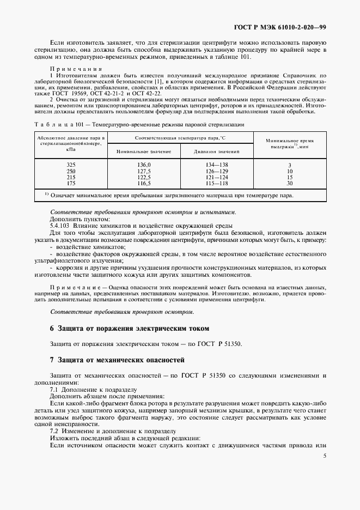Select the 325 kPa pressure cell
click(70, 165)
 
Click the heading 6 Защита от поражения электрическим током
click(129, 329)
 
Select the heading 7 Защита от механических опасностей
click(117, 360)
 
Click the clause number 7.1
click(54, 390)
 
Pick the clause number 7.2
click(54, 430)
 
